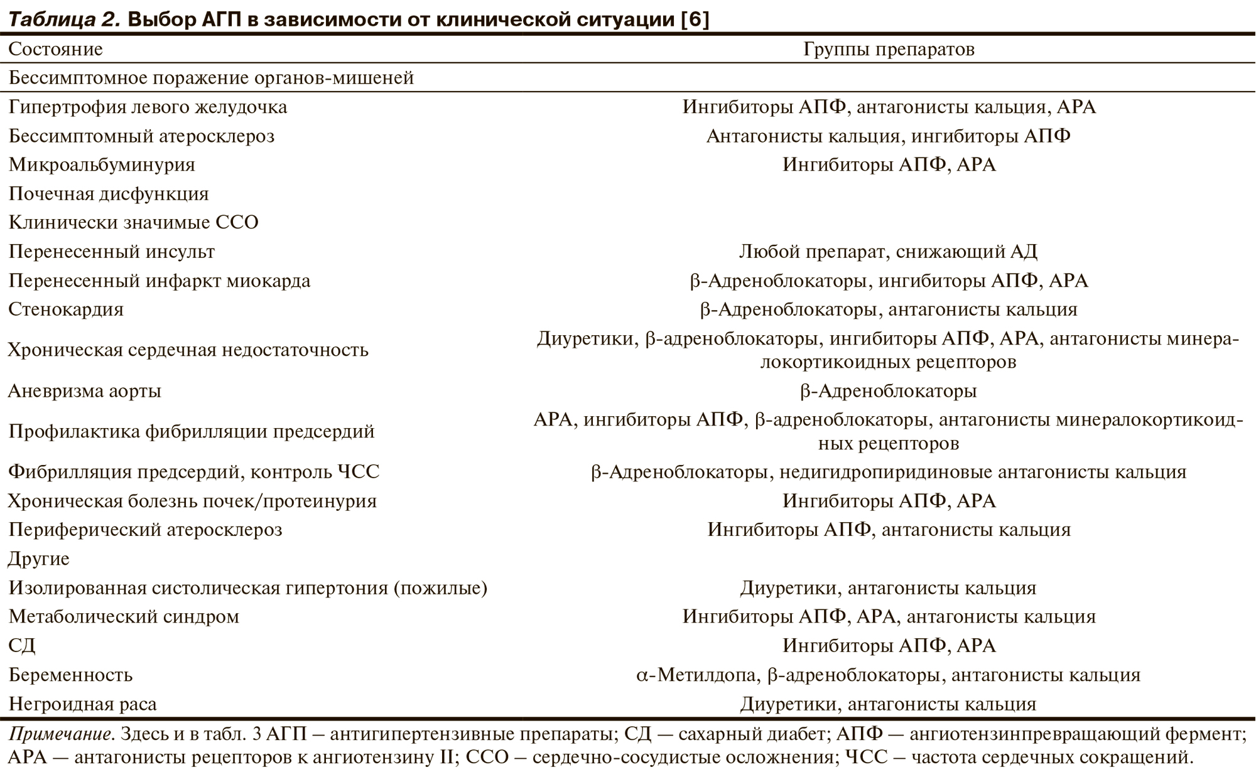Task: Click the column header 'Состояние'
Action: [55, 49]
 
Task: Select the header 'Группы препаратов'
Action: [889, 49]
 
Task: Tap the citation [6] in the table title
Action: [695, 19]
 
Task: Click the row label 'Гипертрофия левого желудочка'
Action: [148, 107]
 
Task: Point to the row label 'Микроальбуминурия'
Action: [102, 164]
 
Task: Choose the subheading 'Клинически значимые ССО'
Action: [133, 222]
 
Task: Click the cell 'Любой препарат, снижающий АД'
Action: [888, 252]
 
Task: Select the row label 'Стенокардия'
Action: [66, 309]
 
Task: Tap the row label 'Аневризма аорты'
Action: [84, 391]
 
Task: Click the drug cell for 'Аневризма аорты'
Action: [888, 391]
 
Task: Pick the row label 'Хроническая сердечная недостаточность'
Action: [188, 350]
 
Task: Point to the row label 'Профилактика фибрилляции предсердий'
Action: [191, 431]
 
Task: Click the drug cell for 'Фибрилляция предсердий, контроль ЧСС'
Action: [888, 472]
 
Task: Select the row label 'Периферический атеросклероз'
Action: [145, 530]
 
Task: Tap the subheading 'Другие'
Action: [39, 559]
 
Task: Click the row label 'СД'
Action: [22, 645]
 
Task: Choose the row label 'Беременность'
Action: [70, 675]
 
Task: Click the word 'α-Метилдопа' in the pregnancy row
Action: [696, 675]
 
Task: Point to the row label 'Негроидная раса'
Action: [82, 704]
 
